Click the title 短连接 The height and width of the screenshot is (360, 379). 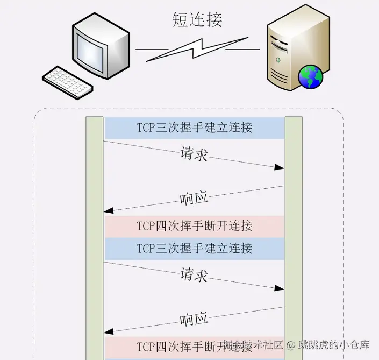pyautogui.click(x=197, y=19)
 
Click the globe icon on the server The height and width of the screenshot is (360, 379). pyautogui.click(x=311, y=76)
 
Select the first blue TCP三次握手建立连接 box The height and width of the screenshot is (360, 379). pyautogui.click(x=194, y=128)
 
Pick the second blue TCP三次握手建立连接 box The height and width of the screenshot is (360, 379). pyautogui.click(x=194, y=249)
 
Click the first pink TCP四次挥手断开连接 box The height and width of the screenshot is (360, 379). pyautogui.click(x=194, y=226)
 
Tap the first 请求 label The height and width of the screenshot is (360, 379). pyautogui.click(x=194, y=154)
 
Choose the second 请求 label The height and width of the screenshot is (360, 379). pyautogui.click(x=194, y=274)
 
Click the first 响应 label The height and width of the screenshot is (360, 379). pyautogui.click(x=194, y=199)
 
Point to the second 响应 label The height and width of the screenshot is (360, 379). pyautogui.click(x=194, y=320)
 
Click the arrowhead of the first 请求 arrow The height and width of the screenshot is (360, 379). pyautogui.click(x=280, y=168)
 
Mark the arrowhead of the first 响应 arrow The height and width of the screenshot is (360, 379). pyautogui.click(x=108, y=210)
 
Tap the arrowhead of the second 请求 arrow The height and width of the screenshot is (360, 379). pyautogui.click(x=280, y=288)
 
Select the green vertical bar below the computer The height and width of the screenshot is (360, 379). pyautogui.click(x=95, y=237)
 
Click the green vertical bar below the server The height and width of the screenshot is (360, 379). pyautogui.click(x=294, y=237)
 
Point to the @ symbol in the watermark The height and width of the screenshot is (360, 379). pyautogui.click(x=290, y=344)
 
